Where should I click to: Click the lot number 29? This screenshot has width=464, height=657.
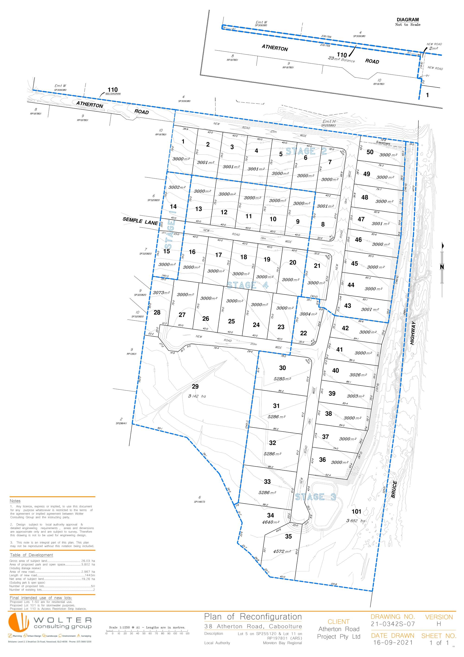(195, 387)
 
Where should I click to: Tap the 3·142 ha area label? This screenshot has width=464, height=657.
(197, 396)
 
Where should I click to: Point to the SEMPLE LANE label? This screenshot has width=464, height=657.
(140, 221)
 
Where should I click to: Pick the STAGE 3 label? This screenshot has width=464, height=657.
(316, 497)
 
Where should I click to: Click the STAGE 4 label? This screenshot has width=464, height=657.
(248, 285)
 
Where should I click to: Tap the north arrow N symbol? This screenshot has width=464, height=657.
(442, 267)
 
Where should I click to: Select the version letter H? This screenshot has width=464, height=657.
(438, 624)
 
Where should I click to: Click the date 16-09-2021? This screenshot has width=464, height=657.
(393, 643)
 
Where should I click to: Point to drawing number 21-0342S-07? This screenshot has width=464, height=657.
(393, 624)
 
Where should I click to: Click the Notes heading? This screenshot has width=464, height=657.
(15, 501)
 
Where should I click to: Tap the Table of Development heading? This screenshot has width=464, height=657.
(32, 555)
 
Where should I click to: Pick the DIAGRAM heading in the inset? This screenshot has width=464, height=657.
(408, 20)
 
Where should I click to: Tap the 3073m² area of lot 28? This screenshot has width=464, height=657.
(161, 293)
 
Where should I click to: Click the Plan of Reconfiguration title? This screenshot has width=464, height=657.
(253, 617)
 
